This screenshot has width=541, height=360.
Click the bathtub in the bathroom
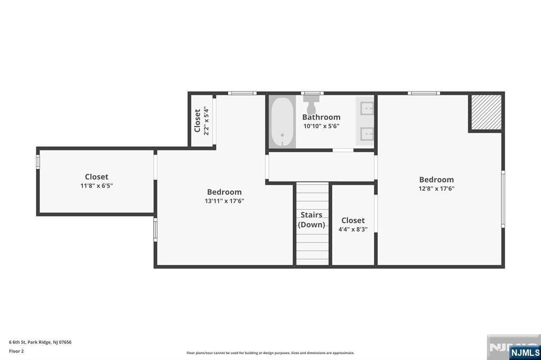click(x=282, y=122)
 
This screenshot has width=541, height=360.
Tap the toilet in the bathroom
click(x=311, y=104)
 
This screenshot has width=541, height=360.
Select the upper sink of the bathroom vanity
click(x=367, y=108)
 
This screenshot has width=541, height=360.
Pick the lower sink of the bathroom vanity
click(x=367, y=134)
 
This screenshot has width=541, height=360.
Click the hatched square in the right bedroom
click(x=486, y=112)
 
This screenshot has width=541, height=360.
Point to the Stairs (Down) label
click(x=312, y=220)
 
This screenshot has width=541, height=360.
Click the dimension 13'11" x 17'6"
click(x=224, y=201)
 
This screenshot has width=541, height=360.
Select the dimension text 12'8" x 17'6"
click(x=436, y=188)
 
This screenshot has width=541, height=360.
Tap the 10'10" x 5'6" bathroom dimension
click(x=322, y=126)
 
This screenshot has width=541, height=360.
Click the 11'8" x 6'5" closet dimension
click(x=97, y=185)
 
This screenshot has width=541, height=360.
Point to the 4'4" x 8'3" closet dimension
click(x=353, y=229)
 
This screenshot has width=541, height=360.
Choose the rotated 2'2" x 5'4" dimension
click(x=207, y=120)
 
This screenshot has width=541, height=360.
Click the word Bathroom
click(x=321, y=117)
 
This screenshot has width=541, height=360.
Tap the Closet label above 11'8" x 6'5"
click(x=97, y=176)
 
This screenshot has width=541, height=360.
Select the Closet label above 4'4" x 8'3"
click(x=353, y=220)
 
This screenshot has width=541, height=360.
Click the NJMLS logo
click(x=525, y=353)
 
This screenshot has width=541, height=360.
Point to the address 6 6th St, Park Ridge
click(x=40, y=342)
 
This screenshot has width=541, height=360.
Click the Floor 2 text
click(x=16, y=351)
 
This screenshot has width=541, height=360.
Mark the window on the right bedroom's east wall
click(x=503, y=199)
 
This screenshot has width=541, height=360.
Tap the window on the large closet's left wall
click(x=38, y=162)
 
